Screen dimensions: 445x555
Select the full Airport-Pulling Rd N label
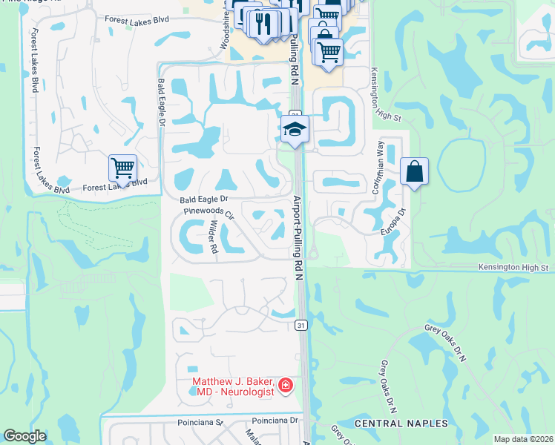tap(298, 238)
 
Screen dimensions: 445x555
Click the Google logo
tap(24, 436)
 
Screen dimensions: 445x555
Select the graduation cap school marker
tap(295, 130)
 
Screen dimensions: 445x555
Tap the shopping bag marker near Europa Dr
tap(414, 172)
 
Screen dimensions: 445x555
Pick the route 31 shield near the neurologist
tap(300, 325)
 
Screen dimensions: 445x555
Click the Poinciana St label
tap(200, 422)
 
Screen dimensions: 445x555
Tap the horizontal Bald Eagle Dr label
tap(203, 200)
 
